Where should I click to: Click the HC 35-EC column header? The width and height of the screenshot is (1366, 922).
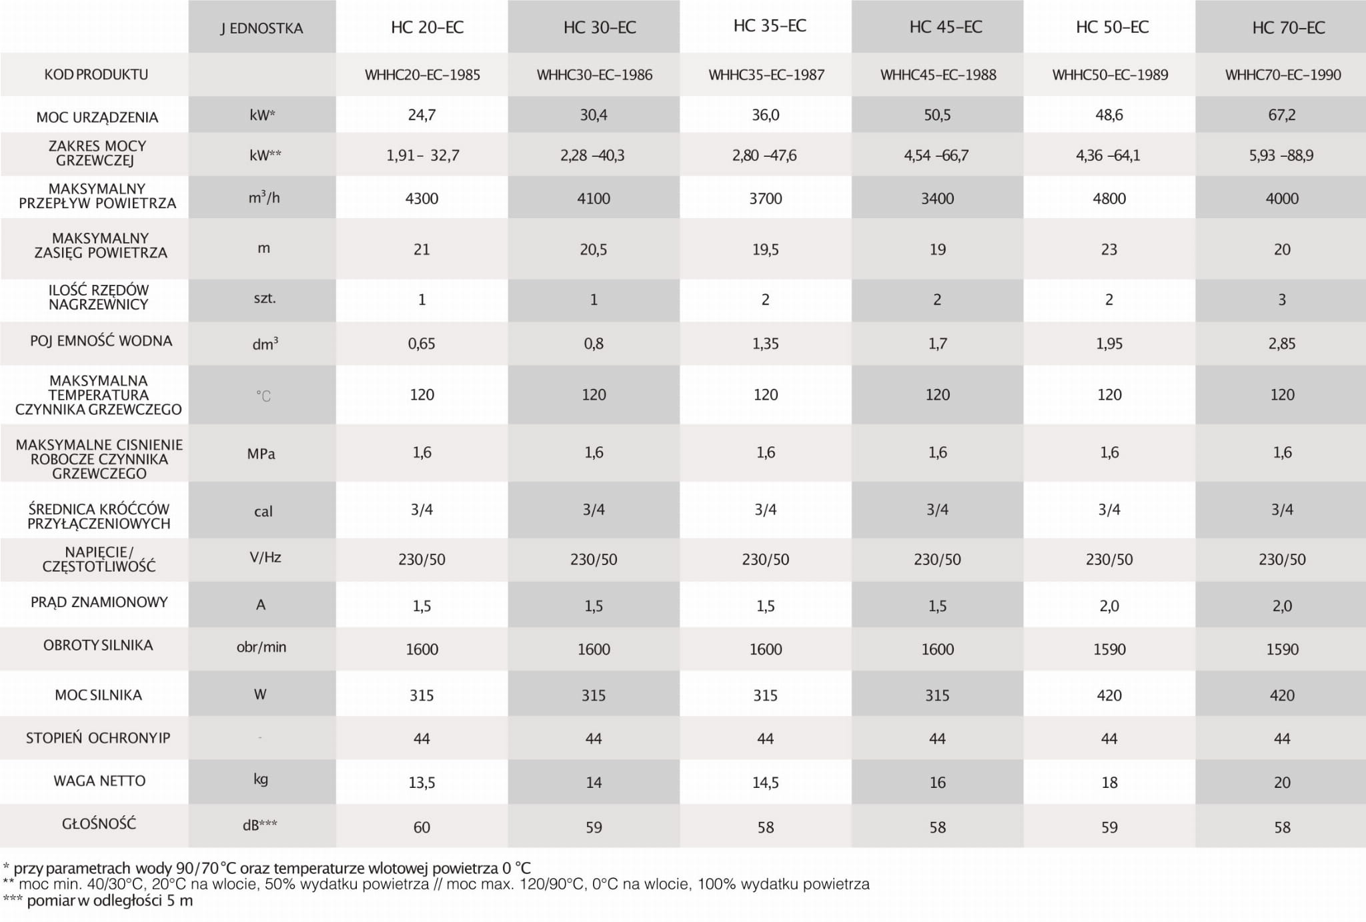(x=770, y=26)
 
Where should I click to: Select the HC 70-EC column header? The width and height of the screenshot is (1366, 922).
(x=1289, y=27)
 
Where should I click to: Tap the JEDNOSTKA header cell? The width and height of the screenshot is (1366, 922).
(x=261, y=28)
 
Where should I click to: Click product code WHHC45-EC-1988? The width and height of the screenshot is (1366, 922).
(x=938, y=75)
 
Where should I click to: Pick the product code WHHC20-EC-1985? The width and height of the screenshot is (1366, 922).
(x=422, y=75)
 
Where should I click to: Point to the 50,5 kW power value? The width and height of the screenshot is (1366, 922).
(x=937, y=115)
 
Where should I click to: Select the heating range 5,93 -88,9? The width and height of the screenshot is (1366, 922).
(x=1281, y=155)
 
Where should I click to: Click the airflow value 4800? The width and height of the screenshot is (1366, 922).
(x=1109, y=198)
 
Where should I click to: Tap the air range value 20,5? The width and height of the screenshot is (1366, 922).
(x=593, y=250)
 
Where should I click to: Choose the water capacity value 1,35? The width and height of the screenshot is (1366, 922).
(x=765, y=344)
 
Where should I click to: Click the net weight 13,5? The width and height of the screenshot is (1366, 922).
(x=422, y=783)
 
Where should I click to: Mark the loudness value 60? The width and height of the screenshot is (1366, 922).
(x=422, y=827)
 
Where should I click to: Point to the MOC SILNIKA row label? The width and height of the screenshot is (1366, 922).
(x=98, y=695)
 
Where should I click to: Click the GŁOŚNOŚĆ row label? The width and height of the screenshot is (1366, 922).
(x=99, y=824)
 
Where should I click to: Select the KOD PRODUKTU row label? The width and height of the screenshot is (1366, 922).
(x=96, y=74)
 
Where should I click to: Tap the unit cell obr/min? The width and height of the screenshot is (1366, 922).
(x=261, y=646)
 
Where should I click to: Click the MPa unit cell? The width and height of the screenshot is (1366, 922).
(x=261, y=454)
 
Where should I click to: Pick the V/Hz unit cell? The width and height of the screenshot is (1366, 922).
(x=265, y=557)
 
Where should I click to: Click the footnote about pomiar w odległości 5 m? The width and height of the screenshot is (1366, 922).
(x=98, y=901)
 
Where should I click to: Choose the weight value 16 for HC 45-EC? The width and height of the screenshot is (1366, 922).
(x=937, y=783)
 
